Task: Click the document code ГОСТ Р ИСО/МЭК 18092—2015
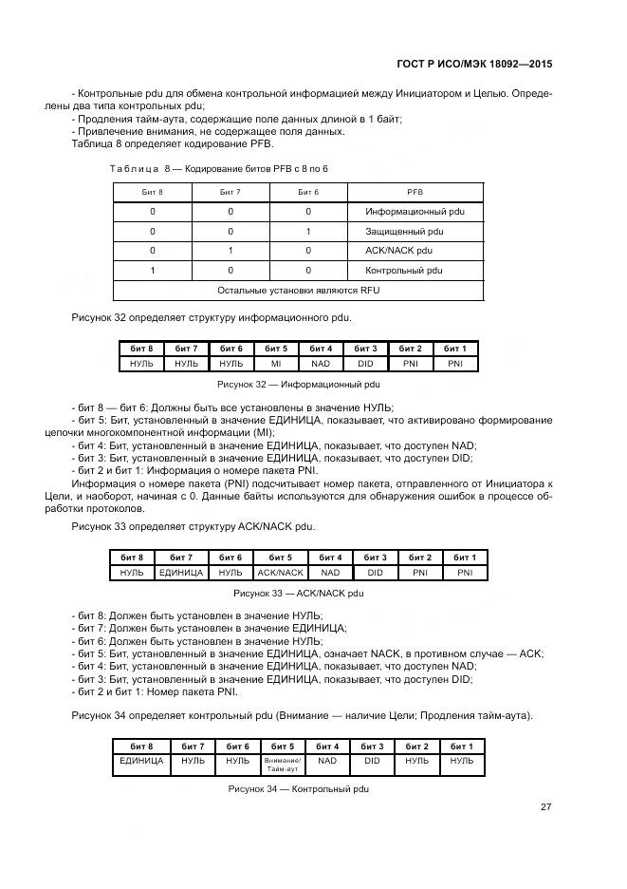(x=475, y=65)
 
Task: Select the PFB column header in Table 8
(x=415, y=191)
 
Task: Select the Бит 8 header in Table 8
(x=152, y=191)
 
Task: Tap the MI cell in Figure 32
(x=276, y=364)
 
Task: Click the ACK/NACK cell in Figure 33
(x=280, y=573)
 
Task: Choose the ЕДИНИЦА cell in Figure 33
(x=181, y=573)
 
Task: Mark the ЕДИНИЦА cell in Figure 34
(x=141, y=762)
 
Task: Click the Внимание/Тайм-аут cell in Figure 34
(x=282, y=764)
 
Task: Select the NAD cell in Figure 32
(x=322, y=364)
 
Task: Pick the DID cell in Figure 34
(x=372, y=762)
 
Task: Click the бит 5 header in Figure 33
(x=280, y=557)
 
